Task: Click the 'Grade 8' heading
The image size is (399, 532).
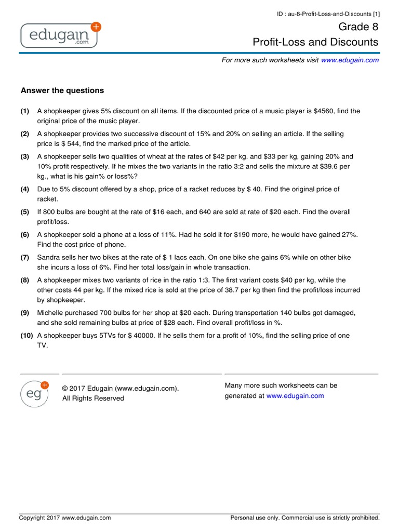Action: click(x=359, y=26)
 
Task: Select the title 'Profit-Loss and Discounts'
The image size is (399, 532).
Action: click(x=315, y=42)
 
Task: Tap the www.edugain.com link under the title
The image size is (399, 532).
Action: click(x=350, y=60)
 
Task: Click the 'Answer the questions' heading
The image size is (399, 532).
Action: click(x=62, y=90)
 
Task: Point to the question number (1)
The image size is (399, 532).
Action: click(x=25, y=111)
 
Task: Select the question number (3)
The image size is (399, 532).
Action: click(x=25, y=156)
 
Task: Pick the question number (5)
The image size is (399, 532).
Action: click(x=25, y=212)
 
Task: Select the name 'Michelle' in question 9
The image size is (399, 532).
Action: click(x=51, y=313)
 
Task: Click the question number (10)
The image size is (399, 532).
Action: click(x=27, y=336)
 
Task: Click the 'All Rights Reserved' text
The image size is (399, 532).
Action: click(x=94, y=398)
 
